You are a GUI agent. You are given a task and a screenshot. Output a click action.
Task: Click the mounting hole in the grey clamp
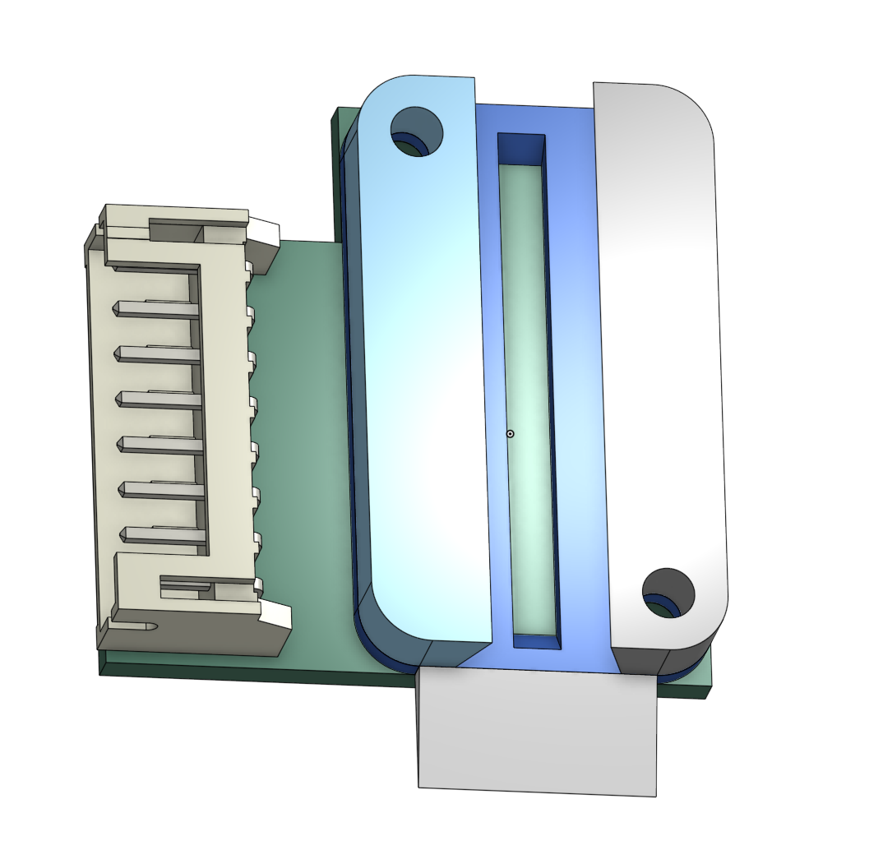[668, 593]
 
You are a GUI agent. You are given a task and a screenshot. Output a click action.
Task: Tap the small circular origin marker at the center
[510, 433]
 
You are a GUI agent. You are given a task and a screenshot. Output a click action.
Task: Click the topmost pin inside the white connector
[156, 308]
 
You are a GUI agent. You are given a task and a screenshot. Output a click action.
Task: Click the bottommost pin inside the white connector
[161, 533]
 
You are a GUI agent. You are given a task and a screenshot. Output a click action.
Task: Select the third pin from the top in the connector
[159, 399]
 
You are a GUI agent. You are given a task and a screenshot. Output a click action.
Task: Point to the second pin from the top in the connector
[158, 353]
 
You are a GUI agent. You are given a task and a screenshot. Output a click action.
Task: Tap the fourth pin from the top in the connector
[159, 444]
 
